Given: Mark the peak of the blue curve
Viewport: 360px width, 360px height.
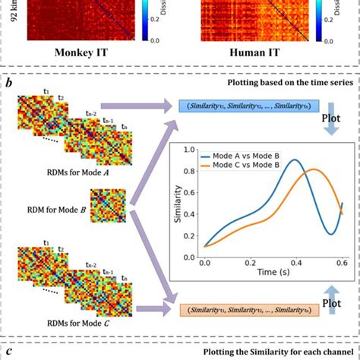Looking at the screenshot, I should point(295,159).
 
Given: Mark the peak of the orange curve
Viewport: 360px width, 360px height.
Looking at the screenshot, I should point(314,169).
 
